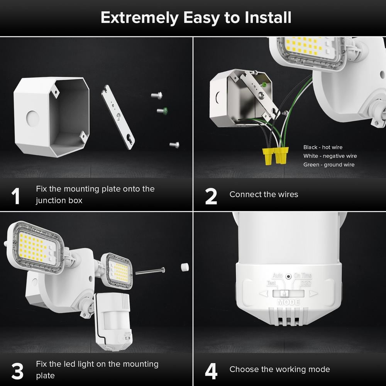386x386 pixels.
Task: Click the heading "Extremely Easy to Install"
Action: pos(196,18)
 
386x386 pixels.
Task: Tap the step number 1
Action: pos(16,196)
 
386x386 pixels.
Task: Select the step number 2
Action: pos(211,196)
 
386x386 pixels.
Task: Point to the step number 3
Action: pos(17,371)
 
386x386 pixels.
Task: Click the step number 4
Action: pos(212,371)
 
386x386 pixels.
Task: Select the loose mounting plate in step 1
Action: pos(118,117)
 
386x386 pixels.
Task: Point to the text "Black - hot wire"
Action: pos(323,147)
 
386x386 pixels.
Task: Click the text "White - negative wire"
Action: pos(330,156)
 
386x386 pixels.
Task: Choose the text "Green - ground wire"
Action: pos(329,165)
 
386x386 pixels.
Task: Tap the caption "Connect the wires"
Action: pos(264,195)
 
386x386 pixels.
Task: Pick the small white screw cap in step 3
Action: pos(184,267)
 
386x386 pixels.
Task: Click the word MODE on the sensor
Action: pos(288,302)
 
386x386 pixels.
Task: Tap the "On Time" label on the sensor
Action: pos(303,276)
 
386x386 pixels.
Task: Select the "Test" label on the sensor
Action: pos(271,283)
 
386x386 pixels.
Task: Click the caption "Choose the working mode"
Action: pos(279,369)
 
